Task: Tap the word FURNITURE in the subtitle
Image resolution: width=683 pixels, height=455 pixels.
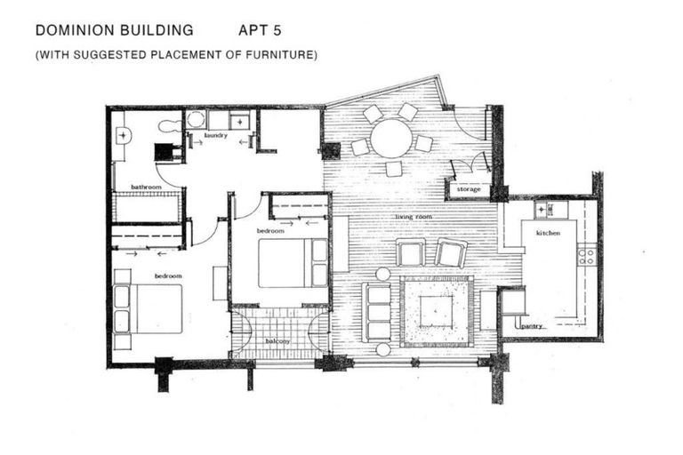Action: pyautogui.click(x=282, y=55)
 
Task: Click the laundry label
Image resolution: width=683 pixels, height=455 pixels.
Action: pyautogui.click(x=216, y=136)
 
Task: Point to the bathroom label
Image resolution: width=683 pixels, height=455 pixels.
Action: pyautogui.click(x=145, y=188)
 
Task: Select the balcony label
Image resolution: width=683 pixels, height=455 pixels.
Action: pyautogui.click(x=279, y=341)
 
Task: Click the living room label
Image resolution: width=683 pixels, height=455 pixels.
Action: pyautogui.click(x=414, y=217)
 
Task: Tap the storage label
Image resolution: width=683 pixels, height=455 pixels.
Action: pyautogui.click(x=468, y=189)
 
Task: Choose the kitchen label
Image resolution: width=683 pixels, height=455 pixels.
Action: pyautogui.click(x=548, y=233)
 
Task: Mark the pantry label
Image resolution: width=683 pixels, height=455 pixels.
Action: pyautogui.click(x=533, y=326)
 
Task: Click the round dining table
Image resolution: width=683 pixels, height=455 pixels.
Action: pyautogui.click(x=391, y=139)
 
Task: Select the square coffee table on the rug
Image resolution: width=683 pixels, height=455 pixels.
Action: pyautogui.click(x=435, y=311)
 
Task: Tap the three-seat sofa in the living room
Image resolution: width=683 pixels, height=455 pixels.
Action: pyautogui.click(x=378, y=312)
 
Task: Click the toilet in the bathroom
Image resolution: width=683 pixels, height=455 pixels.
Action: pyautogui.click(x=168, y=124)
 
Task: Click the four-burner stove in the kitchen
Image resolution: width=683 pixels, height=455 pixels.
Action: pyautogui.click(x=586, y=257)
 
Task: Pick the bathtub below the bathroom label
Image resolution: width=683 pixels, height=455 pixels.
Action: pyautogui.click(x=147, y=207)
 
